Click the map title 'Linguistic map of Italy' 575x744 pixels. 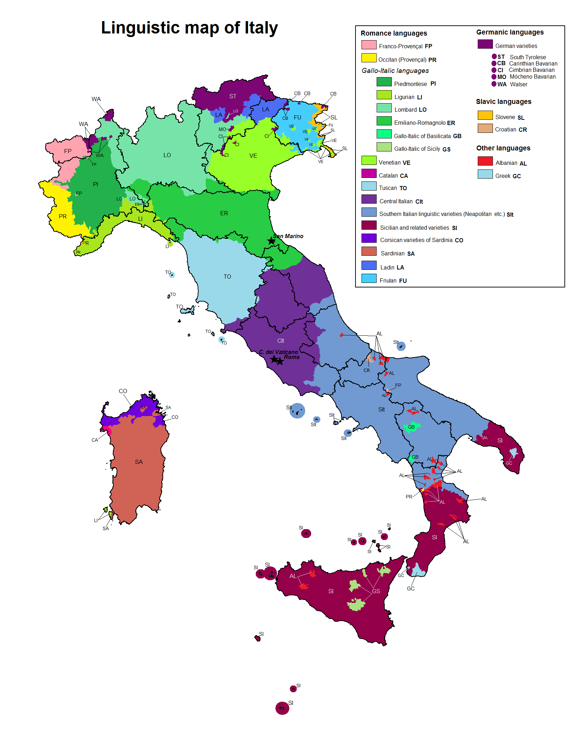(x=189, y=28)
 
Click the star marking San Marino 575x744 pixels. (x=271, y=241)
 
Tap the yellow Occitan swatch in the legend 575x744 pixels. (x=369, y=58)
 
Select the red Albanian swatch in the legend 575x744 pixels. (x=485, y=161)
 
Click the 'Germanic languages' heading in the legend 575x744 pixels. (x=509, y=32)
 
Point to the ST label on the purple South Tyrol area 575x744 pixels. (x=233, y=96)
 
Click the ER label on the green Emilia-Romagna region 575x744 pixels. (x=224, y=213)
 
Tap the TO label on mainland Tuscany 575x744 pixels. (x=227, y=277)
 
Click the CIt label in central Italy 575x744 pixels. (x=280, y=341)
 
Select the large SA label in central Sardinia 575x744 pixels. (x=139, y=462)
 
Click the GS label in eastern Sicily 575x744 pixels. (x=376, y=591)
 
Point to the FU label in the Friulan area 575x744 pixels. (x=297, y=117)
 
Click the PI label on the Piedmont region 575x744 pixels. (x=95, y=184)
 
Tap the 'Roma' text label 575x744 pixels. (x=292, y=357)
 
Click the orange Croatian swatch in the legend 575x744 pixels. (x=485, y=128)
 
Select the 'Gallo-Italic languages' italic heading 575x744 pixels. (x=395, y=71)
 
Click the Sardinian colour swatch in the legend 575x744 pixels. (x=369, y=252)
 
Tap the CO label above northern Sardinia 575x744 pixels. (x=123, y=391)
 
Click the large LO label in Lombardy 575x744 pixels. (x=167, y=155)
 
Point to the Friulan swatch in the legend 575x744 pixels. (x=369, y=279)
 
